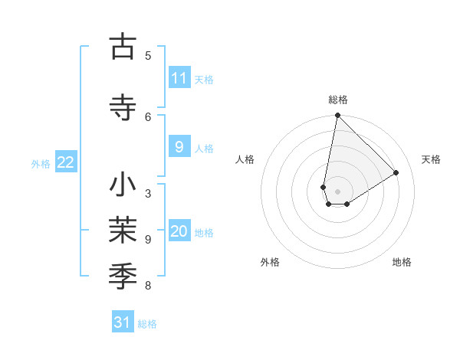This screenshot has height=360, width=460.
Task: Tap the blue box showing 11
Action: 179,78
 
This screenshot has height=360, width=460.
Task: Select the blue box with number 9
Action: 179,148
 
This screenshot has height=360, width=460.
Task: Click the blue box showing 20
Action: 179,232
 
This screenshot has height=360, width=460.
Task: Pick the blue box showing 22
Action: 66,162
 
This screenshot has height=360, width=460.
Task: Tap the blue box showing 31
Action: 123,322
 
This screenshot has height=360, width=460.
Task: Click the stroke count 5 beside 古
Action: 148,55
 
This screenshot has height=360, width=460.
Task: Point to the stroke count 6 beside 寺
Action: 148,116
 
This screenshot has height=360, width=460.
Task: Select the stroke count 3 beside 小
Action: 148,193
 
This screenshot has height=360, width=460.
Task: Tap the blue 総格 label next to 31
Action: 147,324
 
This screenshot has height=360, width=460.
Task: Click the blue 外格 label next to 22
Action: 41,163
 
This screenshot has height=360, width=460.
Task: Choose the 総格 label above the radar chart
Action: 337,100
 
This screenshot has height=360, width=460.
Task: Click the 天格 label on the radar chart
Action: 431,159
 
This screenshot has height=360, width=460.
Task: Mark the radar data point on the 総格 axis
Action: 337,116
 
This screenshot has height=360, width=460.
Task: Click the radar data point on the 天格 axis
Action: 396,173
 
